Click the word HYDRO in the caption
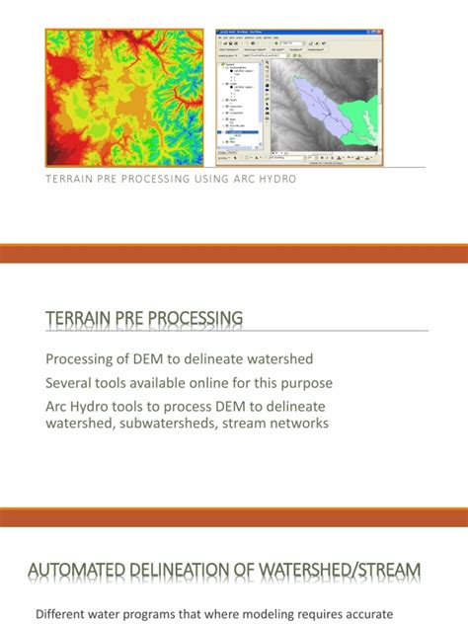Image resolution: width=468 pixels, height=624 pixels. [x=275, y=181]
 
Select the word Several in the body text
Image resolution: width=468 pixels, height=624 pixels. [x=72, y=383]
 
